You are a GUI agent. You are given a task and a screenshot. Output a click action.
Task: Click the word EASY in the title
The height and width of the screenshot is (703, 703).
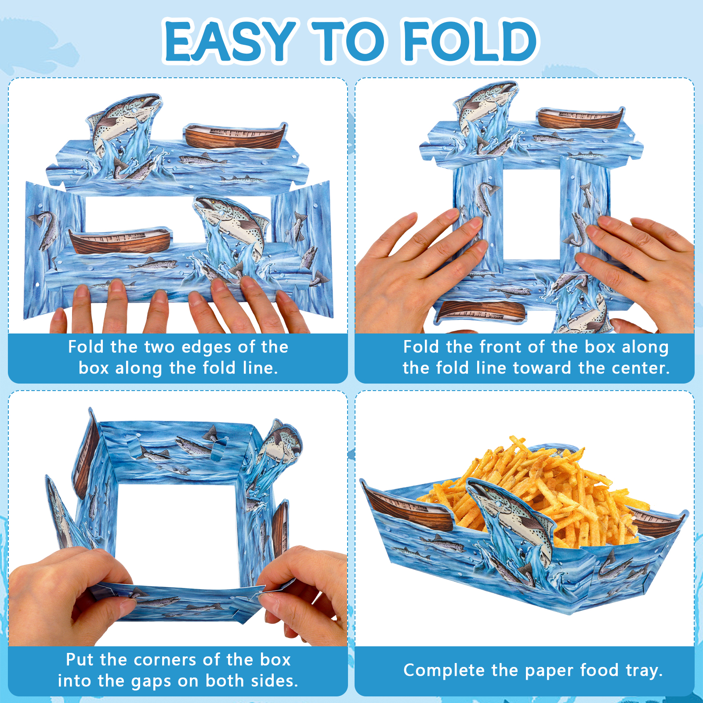pos(231,41)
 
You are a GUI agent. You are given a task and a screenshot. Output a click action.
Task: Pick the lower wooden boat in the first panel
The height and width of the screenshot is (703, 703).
pos(120,241)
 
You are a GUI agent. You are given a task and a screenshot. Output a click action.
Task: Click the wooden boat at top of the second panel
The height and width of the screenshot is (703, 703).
pos(580,118)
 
